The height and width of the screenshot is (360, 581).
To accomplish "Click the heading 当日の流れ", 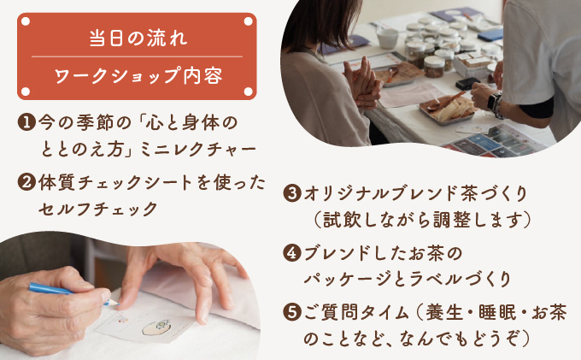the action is [138, 38].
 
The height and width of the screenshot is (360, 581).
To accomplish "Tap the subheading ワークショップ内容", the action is [138, 75].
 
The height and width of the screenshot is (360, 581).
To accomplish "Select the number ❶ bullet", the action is [26, 122].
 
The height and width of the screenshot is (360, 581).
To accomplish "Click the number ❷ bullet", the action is [26, 182].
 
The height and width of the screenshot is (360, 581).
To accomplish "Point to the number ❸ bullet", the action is [292, 193].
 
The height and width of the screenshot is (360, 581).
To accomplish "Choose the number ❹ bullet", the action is [292, 253].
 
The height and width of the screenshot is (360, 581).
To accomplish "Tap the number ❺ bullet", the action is [292, 312].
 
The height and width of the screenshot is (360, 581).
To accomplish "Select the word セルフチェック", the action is [98, 210].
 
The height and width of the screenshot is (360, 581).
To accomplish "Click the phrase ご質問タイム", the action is [356, 312].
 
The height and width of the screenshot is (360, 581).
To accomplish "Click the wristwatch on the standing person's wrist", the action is [496, 103].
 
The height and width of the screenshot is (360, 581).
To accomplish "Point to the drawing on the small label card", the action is [156, 328].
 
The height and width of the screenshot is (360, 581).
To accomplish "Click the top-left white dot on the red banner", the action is [26, 21].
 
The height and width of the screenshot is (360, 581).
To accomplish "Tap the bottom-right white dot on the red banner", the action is [249, 91].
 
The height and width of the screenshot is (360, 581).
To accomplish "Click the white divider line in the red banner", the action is [137, 56].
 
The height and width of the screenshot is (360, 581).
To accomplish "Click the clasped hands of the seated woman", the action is [362, 84].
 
